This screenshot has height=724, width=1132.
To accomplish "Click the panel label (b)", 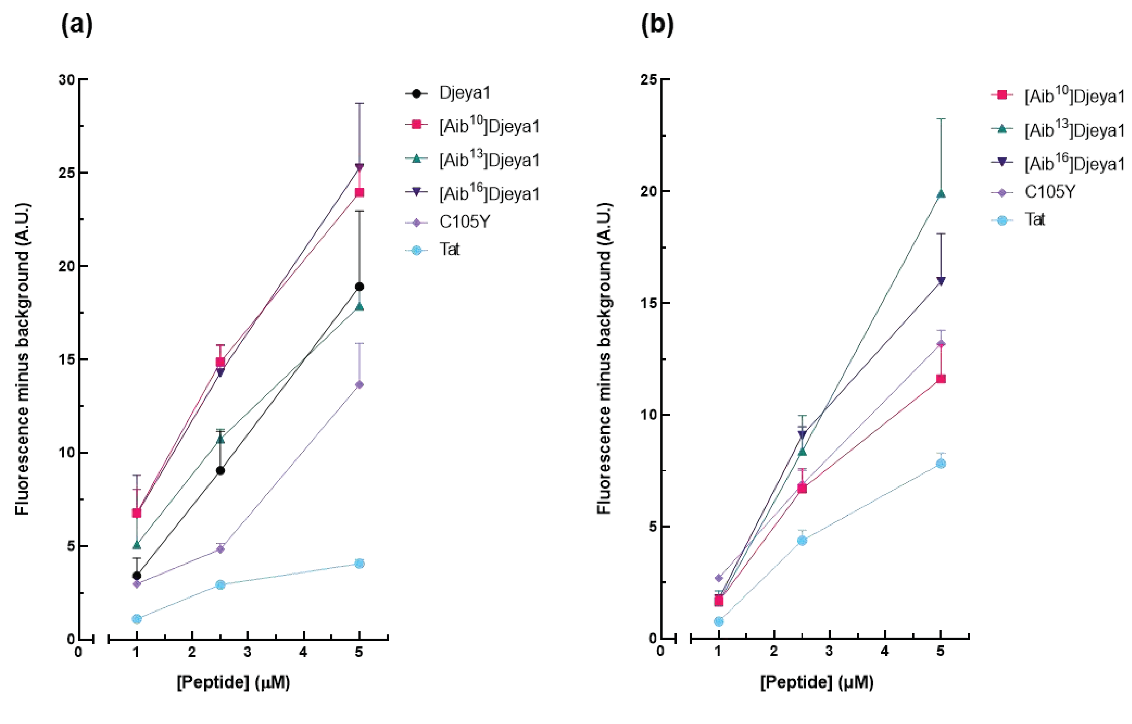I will (x=657, y=25).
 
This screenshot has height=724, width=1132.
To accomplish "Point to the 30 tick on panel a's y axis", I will (x=67, y=79).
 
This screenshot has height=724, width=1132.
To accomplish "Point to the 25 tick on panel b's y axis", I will (x=649, y=79).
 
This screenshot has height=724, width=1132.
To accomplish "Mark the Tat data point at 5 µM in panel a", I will (x=359, y=563).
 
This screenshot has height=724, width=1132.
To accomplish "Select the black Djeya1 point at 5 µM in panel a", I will (x=359, y=286).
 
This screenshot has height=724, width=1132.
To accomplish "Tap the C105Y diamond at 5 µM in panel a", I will (x=359, y=384).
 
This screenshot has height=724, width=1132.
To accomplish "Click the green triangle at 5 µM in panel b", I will (x=941, y=194).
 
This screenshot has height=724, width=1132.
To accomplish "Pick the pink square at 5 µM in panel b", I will (x=941, y=379).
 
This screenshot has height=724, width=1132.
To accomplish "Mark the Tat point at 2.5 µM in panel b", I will (x=802, y=541).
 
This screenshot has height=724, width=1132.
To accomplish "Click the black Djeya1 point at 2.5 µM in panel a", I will (x=220, y=471).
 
